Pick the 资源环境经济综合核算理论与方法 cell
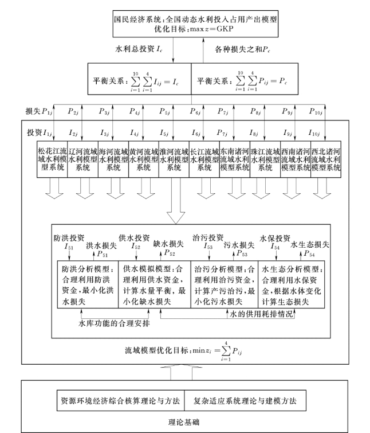click(121, 399)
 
